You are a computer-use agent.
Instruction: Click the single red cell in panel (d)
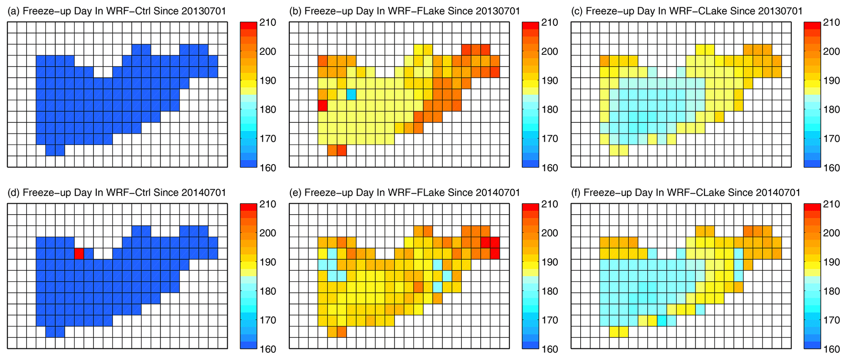[79, 254]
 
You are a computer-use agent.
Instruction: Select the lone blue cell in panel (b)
[351, 95]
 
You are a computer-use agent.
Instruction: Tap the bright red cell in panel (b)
[322, 106]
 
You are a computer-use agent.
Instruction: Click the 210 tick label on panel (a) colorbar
[268, 22]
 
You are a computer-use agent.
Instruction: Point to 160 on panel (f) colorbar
[832, 349]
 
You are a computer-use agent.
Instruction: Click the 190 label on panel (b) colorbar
[550, 81]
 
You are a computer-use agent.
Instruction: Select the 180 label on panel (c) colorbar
[832, 110]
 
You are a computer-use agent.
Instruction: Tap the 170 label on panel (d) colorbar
[268, 320]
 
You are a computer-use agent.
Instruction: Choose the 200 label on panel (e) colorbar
[550, 233]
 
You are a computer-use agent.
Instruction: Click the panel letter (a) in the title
[14, 11]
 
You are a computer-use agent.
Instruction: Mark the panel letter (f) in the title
[577, 192]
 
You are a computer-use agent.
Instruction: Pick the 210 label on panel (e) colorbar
[550, 204]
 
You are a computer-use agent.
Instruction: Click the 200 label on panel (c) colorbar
[832, 52]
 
